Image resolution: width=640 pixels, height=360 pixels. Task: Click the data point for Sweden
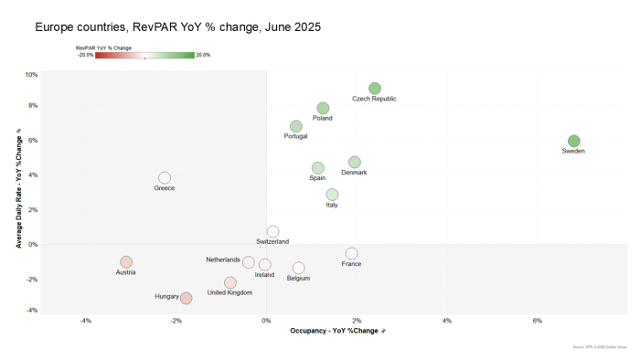click(x=573, y=141)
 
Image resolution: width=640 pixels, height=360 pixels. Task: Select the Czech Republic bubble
click(x=374, y=89)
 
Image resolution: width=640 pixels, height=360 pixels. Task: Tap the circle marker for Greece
click(x=165, y=177)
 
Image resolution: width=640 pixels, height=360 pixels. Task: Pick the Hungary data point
click(x=186, y=298)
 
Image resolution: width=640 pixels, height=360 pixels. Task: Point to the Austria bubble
click(x=126, y=262)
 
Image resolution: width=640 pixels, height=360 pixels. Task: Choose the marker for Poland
click(x=323, y=108)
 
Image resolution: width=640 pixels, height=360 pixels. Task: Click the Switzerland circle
click(x=272, y=232)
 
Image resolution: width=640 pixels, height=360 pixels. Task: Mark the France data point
click(x=351, y=253)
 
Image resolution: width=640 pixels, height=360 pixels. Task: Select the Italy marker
click(x=332, y=195)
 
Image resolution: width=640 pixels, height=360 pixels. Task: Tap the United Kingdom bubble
click(x=230, y=282)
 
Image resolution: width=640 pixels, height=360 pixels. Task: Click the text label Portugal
click(x=296, y=136)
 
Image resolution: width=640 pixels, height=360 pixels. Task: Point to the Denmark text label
click(x=354, y=172)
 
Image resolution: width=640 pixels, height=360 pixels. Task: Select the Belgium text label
click(x=298, y=278)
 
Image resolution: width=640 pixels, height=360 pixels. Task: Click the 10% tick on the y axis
click(x=31, y=74)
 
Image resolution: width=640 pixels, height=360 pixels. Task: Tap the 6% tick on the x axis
click(x=538, y=321)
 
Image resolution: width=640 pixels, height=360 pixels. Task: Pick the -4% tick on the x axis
click(x=86, y=321)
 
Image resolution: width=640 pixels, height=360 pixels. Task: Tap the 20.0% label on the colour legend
click(x=202, y=55)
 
